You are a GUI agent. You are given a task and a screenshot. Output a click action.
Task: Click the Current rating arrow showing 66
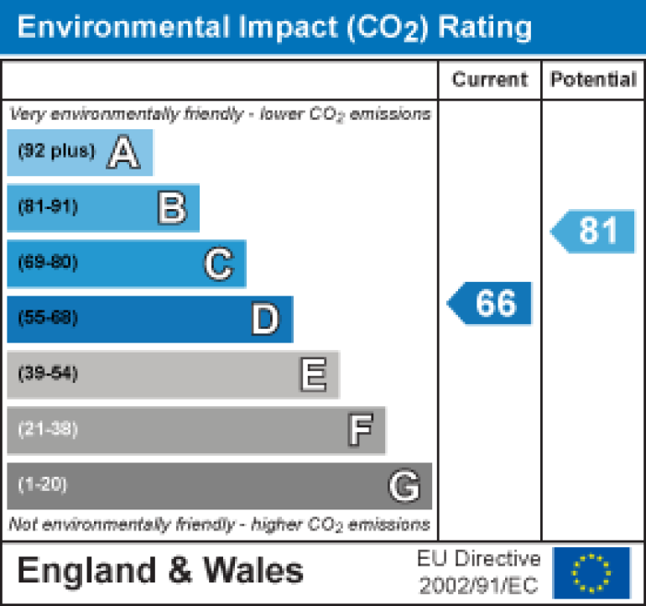click(491, 303)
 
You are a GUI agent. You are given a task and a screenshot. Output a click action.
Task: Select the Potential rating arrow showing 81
click(594, 231)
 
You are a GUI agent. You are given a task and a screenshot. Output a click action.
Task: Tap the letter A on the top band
click(123, 153)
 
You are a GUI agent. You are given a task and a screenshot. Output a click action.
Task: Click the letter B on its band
click(171, 208)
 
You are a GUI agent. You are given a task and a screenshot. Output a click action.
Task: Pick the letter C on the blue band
click(218, 264)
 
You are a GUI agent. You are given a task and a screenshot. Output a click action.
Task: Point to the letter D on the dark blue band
click(265, 319)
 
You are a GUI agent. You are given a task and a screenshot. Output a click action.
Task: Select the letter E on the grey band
click(312, 374)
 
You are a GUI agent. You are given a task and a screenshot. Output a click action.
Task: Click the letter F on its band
click(360, 430)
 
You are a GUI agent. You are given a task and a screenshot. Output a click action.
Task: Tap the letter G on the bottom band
click(404, 485)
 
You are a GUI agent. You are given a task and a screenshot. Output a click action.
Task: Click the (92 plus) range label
click(57, 152)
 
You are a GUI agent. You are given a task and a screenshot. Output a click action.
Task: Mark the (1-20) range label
click(43, 484)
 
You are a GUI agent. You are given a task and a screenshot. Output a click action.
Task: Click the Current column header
click(489, 80)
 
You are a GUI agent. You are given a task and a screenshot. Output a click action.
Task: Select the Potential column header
click(593, 80)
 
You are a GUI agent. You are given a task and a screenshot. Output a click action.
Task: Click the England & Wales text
click(160, 572)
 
